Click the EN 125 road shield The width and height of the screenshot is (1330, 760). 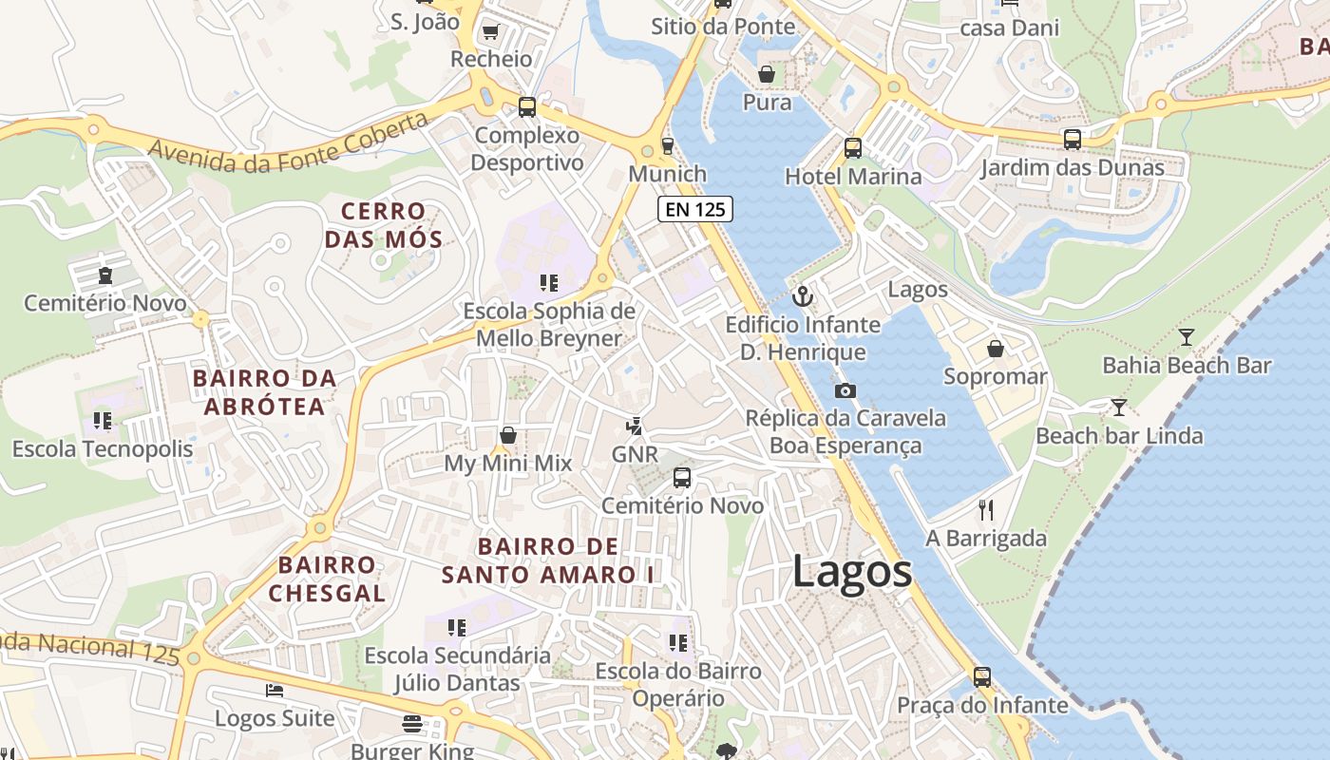695,210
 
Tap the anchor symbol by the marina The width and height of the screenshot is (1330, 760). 803,296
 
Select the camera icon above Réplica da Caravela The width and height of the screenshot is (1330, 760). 845,390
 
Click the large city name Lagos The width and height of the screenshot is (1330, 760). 852,572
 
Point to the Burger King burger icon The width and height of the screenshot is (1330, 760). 411,724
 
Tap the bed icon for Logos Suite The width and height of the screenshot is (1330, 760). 275,691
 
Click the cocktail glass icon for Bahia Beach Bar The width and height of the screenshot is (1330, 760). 1186,337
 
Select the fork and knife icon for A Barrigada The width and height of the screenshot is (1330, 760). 986,510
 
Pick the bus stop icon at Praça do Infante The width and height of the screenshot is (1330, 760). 982,677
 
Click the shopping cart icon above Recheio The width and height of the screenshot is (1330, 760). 491,32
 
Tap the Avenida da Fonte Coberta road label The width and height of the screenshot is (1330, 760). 288,144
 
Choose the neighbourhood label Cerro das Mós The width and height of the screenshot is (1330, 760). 384,225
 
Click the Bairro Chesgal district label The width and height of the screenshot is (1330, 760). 327,579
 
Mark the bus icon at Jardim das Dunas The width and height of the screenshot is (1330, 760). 1072,140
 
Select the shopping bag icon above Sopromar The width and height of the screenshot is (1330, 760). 995,349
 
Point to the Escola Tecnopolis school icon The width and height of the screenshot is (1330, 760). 103,421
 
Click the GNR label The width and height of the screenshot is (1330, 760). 634,454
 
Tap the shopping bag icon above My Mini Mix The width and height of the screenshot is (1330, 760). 508,435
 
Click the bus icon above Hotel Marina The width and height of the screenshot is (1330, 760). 853,148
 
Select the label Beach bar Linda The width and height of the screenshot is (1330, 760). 1119,436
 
